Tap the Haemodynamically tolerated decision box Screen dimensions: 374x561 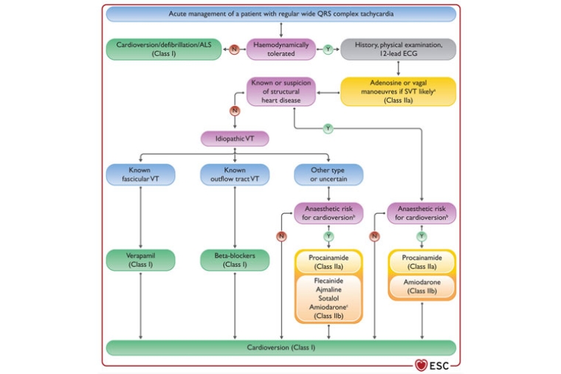pyautogui.click(x=281, y=49)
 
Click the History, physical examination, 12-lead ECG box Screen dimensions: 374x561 pyautogui.click(x=398, y=49)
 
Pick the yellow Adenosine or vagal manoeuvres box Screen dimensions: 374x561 pyautogui.click(x=398, y=92)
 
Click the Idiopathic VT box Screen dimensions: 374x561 pyautogui.click(x=234, y=138)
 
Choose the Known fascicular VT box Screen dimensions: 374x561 pyautogui.click(x=140, y=174)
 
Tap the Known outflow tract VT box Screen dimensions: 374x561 pyautogui.click(x=234, y=174)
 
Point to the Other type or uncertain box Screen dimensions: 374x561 pyautogui.click(x=328, y=174)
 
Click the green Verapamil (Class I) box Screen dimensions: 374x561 pyautogui.click(x=140, y=260)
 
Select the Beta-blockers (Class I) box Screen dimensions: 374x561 pyautogui.click(x=234, y=260)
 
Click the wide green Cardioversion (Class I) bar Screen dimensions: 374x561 pyautogui.click(x=281, y=347)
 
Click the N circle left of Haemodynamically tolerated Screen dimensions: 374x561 pyautogui.click(x=234, y=49)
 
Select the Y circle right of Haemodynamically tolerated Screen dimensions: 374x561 pyautogui.click(x=328, y=49)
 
